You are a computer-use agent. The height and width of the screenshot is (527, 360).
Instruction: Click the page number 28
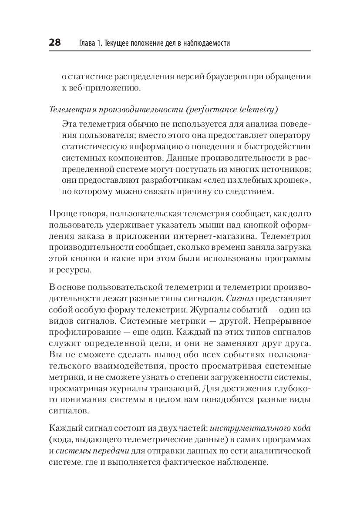(54, 43)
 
